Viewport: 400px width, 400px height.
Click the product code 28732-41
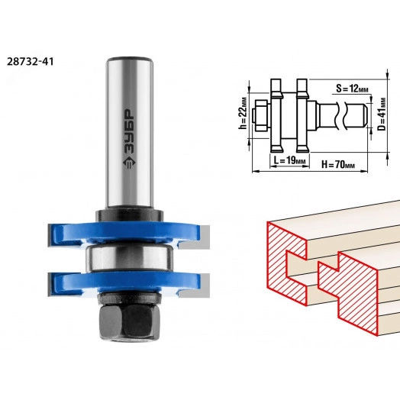click(x=30, y=62)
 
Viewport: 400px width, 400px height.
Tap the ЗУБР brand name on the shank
click(x=130, y=133)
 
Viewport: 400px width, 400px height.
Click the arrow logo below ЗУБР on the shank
click(x=130, y=163)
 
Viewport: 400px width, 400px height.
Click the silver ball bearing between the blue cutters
click(x=130, y=258)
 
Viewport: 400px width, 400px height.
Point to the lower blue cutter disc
click(x=125, y=283)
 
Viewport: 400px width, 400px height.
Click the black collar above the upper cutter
click(x=130, y=216)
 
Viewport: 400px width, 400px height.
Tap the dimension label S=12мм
click(x=352, y=89)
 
